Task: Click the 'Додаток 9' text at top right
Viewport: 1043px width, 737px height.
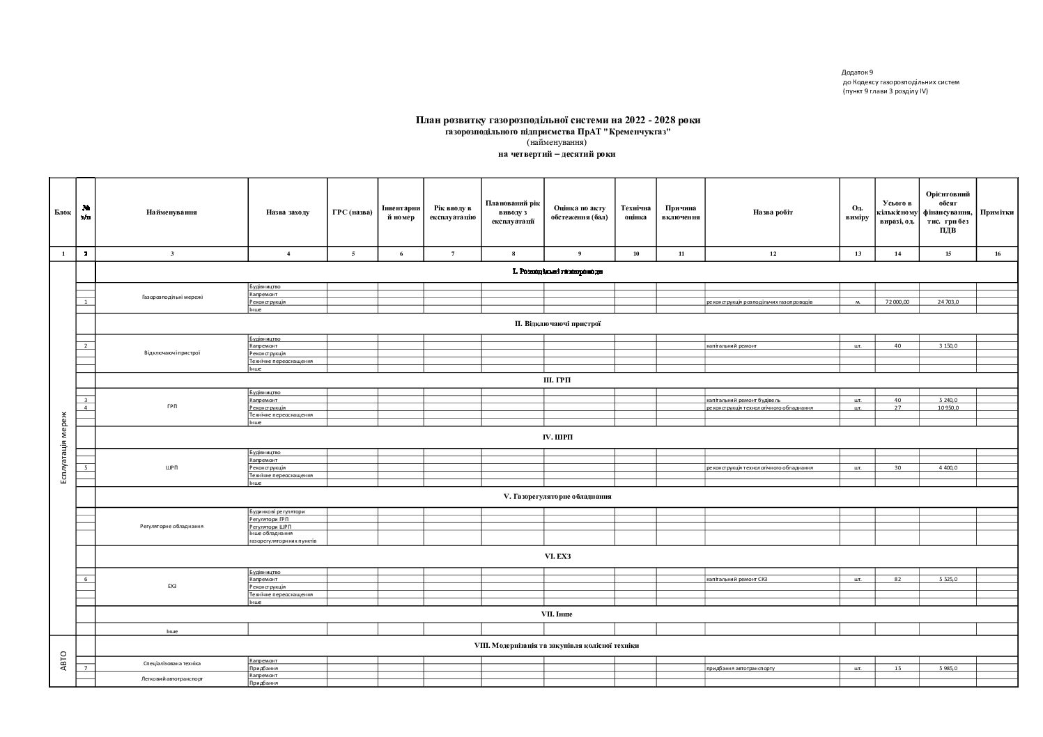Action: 857,72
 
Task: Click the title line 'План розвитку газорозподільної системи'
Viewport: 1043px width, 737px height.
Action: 557,121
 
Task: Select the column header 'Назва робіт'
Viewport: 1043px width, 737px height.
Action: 772,212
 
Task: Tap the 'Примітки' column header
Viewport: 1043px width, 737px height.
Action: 997,212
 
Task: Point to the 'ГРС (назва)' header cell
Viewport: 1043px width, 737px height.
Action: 353,212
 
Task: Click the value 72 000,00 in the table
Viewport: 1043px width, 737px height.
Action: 897,302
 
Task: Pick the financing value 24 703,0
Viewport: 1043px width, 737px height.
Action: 948,302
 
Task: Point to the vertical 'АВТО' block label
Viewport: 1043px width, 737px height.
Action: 63,660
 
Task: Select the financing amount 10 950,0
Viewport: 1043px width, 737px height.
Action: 948,408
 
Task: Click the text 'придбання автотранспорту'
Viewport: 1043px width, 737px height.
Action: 740,669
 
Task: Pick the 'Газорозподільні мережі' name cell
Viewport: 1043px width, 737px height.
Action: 171,297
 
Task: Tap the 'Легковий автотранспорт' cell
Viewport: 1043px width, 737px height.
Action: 171,678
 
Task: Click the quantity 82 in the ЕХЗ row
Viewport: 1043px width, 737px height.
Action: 897,580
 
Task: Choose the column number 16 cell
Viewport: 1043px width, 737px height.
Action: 997,254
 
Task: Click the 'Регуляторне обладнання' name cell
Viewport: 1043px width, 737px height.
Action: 171,527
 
